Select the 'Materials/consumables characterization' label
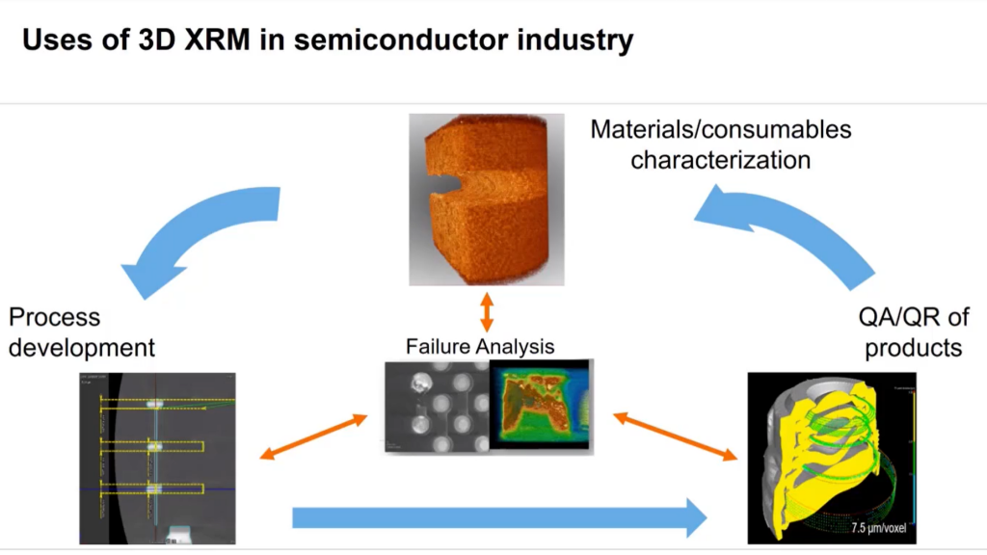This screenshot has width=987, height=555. coord(720,144)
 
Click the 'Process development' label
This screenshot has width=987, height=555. coord(82,331)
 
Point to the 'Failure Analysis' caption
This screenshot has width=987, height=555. coord(480,346)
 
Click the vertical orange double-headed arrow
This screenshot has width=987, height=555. coord(487,311)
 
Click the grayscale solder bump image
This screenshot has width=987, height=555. coord(436,406)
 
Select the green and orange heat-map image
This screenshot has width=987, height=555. coord(541,406)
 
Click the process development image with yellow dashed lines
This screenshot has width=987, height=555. coord(156,458)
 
